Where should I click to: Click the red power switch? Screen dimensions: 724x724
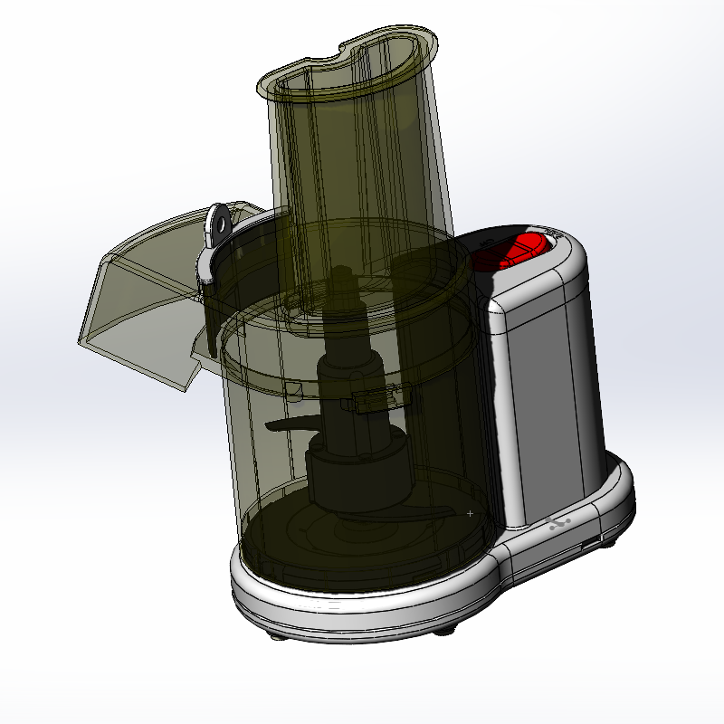point(520,250)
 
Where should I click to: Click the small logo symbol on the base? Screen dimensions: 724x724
point(560,524)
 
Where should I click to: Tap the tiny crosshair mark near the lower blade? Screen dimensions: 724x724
point(470,513)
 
